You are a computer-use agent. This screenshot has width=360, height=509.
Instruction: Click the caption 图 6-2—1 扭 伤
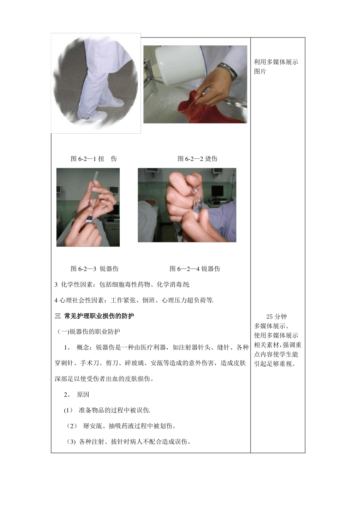(x=94, y=159)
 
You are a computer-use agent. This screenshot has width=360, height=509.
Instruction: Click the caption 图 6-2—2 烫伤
(x=197, y=159)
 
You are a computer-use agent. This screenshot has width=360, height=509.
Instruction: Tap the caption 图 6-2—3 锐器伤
(x=94, y=269)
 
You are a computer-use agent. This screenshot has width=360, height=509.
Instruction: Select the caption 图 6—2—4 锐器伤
(x=195, y=269)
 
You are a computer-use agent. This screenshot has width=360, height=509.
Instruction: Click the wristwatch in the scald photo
(x=228, y=71)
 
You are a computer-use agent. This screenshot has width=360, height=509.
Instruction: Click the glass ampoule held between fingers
(x=197, y=201)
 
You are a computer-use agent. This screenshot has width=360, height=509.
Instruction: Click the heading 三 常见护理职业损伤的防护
(x=94, y=316)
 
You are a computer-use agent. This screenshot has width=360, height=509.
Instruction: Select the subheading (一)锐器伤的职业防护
(x=89, y=332)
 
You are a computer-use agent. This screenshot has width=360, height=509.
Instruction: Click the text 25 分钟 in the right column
(x=276, y=317)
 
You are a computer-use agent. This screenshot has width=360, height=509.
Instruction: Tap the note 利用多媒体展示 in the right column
(x=276, y=62)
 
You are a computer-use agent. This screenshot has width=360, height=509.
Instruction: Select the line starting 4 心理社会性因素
(x=134, y=300)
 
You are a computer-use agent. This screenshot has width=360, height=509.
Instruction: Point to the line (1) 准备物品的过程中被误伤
(x=107, y=410)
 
